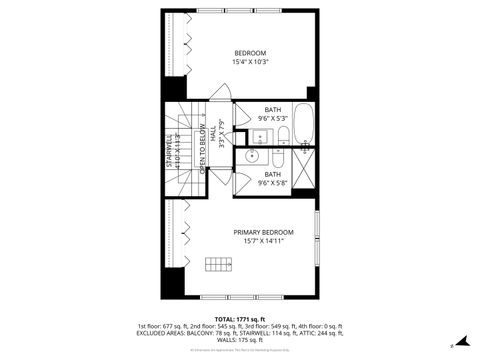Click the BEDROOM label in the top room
click(x=251, y=53)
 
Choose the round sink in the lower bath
click(x=251, y=157)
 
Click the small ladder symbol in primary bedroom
click(x=217, y=264)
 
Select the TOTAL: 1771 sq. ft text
click(x=240, y=319)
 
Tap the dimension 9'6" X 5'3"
click(x=273, y=119)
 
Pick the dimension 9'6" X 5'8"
click(x=273, y=183)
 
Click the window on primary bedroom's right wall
click(x=316, y=241)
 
